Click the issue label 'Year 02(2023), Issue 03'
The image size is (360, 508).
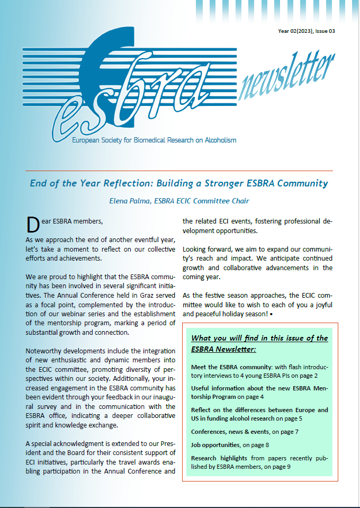pyautogui.click(x=306, y=31)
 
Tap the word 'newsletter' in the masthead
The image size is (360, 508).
pyautogui.click(x=286, y=78)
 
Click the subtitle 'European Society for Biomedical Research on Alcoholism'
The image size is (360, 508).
pyautogui.click(x=153, y=140)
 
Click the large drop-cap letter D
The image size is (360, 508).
pyautogui.click(x=33, y=225)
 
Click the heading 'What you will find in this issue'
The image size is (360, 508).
pyautogui.click(x=259, y=338)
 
